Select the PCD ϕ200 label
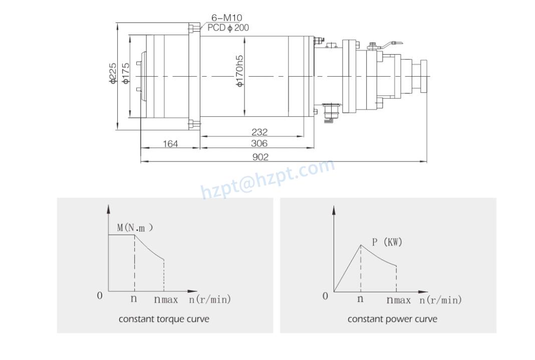[x=228, y=28]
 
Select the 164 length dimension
[x=170, y=144]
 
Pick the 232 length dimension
[x=259, y=132]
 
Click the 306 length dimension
[x=259, y=143]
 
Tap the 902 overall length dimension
[x=260, y=157]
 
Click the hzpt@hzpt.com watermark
[x=267, y=178]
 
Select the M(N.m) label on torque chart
[x=135, y=228]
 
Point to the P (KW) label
[x=387, y=242]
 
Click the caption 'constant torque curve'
[x=164, y=319]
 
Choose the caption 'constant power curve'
[x=392, y=319]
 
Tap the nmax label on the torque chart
[x=166, y=300]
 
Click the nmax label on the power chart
[x=398, y=300]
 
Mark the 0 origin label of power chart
[x=325, y=296]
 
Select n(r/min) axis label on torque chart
[x=210, y=300]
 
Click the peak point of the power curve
[x=361, y=245]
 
